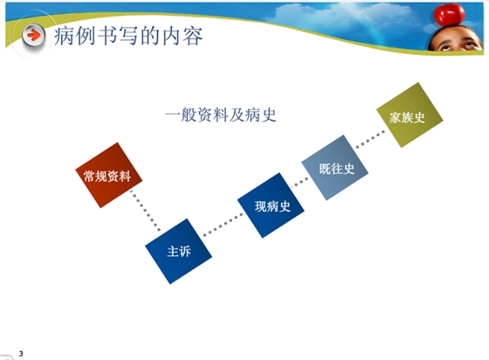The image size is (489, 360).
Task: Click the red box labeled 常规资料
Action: pyautogui.click(x=107, y=173)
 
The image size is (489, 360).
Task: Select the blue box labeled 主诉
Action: pyautogui.click(x=178, y=250)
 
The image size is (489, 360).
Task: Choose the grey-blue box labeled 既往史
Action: pyautogui.click(x=336, y=166)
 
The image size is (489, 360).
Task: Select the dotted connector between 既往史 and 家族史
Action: pyautogui.click(x=371, y=142)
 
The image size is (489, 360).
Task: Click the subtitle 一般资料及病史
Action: pyautogui.click(x=220, y=115)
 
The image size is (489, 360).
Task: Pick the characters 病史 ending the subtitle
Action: pyautogui.click(x=264, y=115)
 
